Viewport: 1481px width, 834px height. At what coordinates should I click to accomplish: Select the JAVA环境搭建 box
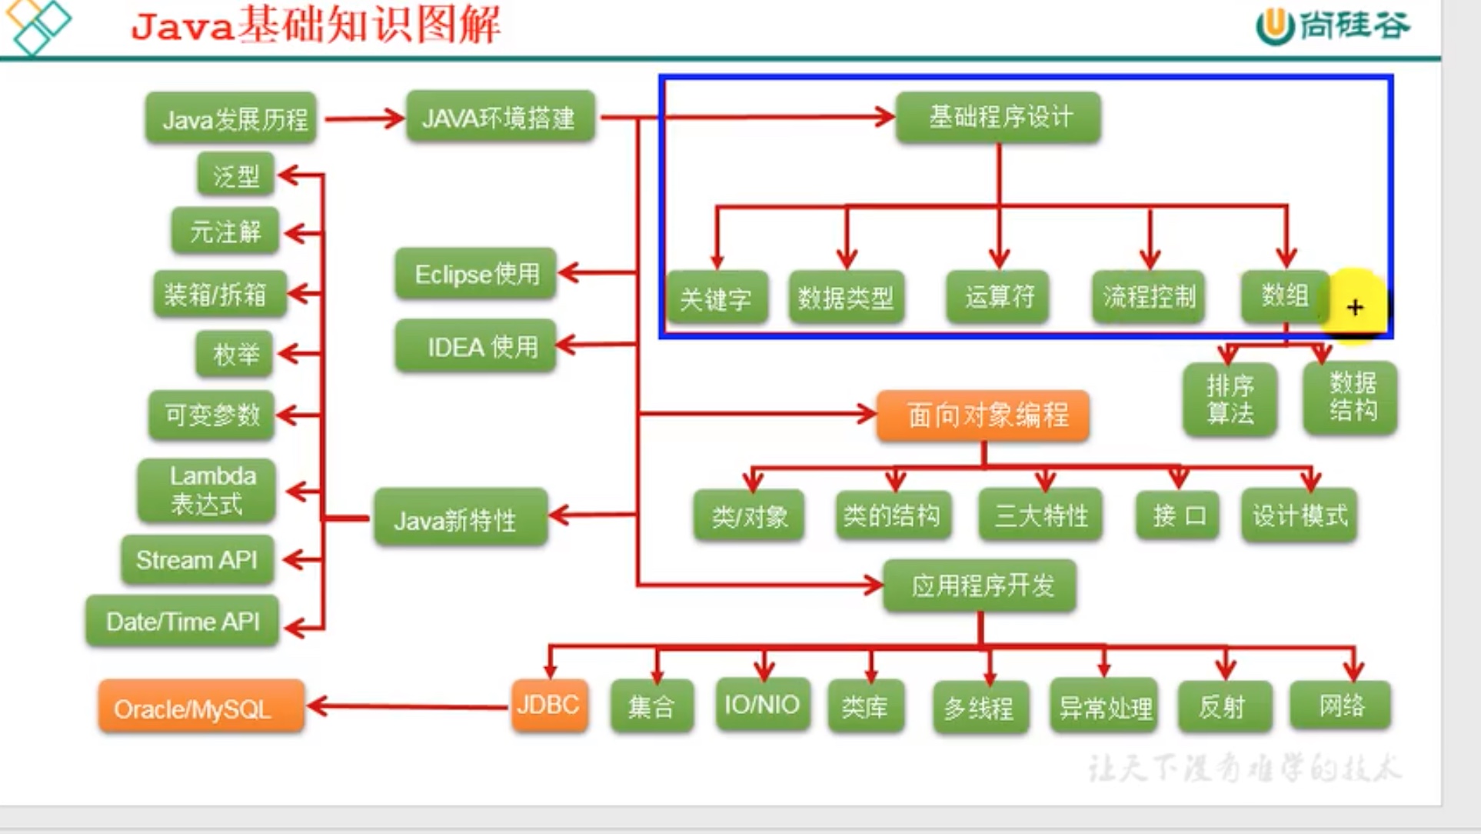(x=500, y=118)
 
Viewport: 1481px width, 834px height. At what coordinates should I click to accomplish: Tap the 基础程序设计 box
(x=998, y=117)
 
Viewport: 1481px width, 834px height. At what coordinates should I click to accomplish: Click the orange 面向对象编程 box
(x=983, y=415)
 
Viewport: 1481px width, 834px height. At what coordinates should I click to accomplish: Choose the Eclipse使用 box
(x=476, y=274)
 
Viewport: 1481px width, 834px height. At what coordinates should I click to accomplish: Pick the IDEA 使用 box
(x=476, y=347)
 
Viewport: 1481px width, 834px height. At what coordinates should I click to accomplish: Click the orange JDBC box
(x=548, y=705)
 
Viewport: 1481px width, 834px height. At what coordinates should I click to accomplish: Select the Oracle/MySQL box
(x=200, y=708)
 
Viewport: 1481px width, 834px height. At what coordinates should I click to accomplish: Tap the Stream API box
(x=198, y=559)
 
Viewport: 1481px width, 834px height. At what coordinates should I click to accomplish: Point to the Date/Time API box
(x=182, y=621)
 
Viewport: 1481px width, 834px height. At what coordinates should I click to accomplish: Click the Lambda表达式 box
(x=207, y=490)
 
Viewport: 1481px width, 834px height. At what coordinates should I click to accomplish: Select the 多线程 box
(x=980, y=706)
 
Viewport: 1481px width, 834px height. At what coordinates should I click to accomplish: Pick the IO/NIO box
(x=762, y=704)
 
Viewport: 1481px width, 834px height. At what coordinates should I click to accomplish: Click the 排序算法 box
(x=1230, y=399)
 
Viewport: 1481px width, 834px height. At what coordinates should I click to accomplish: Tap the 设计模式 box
(x=1300, y=515)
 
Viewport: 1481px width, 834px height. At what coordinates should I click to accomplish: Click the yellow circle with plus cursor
(x=1355, y=306)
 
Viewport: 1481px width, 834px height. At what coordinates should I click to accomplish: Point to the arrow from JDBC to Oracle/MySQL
(x=408, y=706)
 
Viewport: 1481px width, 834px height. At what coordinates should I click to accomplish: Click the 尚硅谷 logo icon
(x=1275, y=26)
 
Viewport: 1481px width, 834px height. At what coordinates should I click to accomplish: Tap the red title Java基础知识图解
(x=316, y=25)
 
